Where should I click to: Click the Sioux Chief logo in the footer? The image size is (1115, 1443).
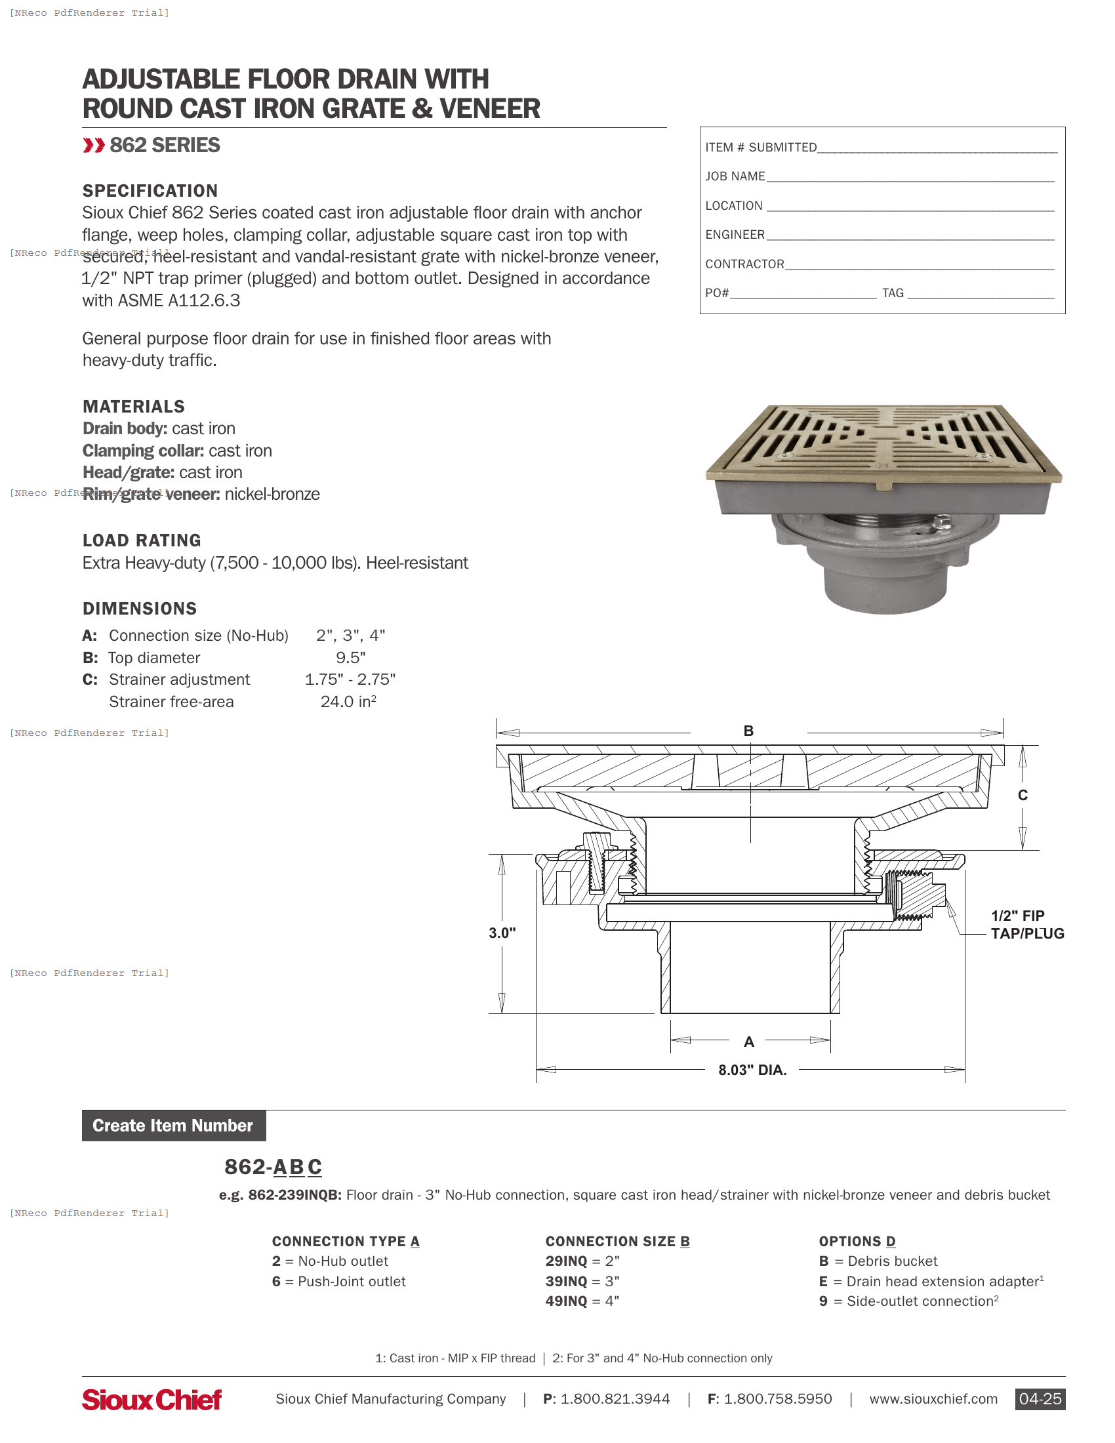tap(152, 1400)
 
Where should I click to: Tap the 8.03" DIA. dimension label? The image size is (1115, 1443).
tap(752, 1070)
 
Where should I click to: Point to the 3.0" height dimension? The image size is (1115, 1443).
tap(502, 932)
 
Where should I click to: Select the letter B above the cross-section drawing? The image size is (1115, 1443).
tap(748, 731)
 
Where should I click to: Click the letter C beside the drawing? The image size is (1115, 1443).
tap(1022, 795)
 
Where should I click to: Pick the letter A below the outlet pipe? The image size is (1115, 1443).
tap(748, 1042)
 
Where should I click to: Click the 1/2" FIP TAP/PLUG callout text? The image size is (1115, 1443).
tap(1026, 924)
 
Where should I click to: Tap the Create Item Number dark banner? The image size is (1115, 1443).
tap(174, 1125)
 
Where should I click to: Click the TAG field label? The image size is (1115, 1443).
tap(893, 293)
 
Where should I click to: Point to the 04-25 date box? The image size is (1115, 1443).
tap(1039, 1399)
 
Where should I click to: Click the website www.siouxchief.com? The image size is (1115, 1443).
tap(933, 1399)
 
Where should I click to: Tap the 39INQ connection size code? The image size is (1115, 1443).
tap(566, 1281)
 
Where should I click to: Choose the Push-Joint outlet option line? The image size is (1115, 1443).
tap(339, 1281)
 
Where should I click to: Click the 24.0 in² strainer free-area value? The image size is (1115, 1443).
tap(348, 702)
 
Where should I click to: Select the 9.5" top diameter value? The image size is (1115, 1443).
tap(350, 657)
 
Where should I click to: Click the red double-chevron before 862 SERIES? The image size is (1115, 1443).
tap(94, 146)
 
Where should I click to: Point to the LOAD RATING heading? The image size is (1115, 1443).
tap(142, 540)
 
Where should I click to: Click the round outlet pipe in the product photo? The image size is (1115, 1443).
tap(885, 588)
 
